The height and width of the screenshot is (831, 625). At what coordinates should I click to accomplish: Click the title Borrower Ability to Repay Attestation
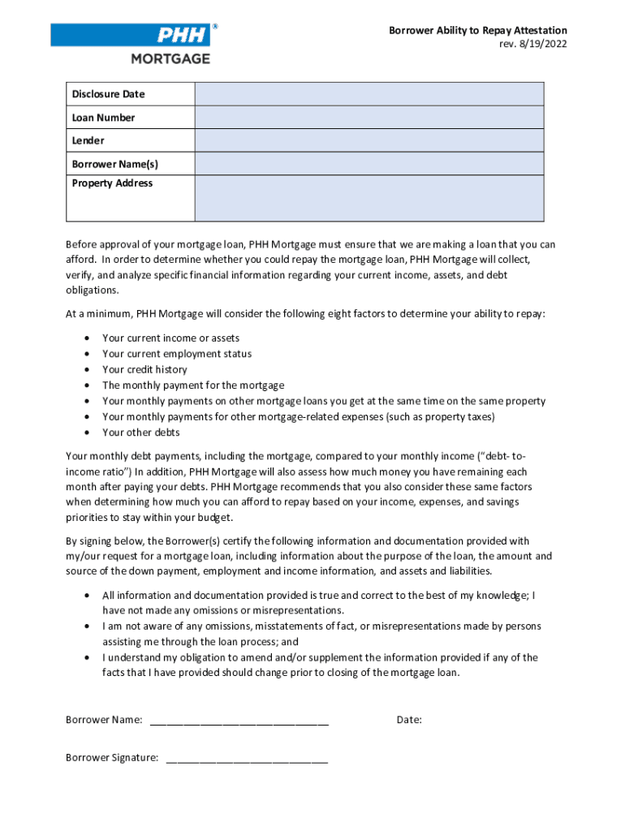point(477,30)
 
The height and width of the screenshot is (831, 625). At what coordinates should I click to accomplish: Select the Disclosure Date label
point(108,94)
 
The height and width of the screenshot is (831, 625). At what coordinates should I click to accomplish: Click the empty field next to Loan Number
point(369,118)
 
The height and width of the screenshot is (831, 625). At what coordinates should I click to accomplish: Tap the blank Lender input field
point(369,140)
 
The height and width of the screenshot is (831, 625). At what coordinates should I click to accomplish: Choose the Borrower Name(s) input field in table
point(369,164)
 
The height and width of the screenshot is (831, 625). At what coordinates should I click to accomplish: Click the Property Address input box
point(369,198)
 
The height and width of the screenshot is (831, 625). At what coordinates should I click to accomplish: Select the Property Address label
point(112,183)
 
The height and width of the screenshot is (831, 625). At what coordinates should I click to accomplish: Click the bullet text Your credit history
point(144,369)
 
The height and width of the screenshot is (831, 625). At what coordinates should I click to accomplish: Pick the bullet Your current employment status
point(177,354)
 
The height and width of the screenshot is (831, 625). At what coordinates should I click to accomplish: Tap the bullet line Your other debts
point(141,433)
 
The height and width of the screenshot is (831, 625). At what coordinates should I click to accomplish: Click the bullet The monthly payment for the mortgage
point(193,385)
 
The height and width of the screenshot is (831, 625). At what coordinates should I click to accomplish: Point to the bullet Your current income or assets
point(170,338)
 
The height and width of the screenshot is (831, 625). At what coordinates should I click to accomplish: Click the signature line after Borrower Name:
point(239,721)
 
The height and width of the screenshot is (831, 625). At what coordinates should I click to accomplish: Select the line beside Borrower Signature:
point(247,759)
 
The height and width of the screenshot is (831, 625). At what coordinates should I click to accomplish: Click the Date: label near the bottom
point(409,720)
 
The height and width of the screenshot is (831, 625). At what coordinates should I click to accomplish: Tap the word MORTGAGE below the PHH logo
point(170,58)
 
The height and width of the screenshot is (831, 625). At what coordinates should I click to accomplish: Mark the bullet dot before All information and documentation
point(87,596)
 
